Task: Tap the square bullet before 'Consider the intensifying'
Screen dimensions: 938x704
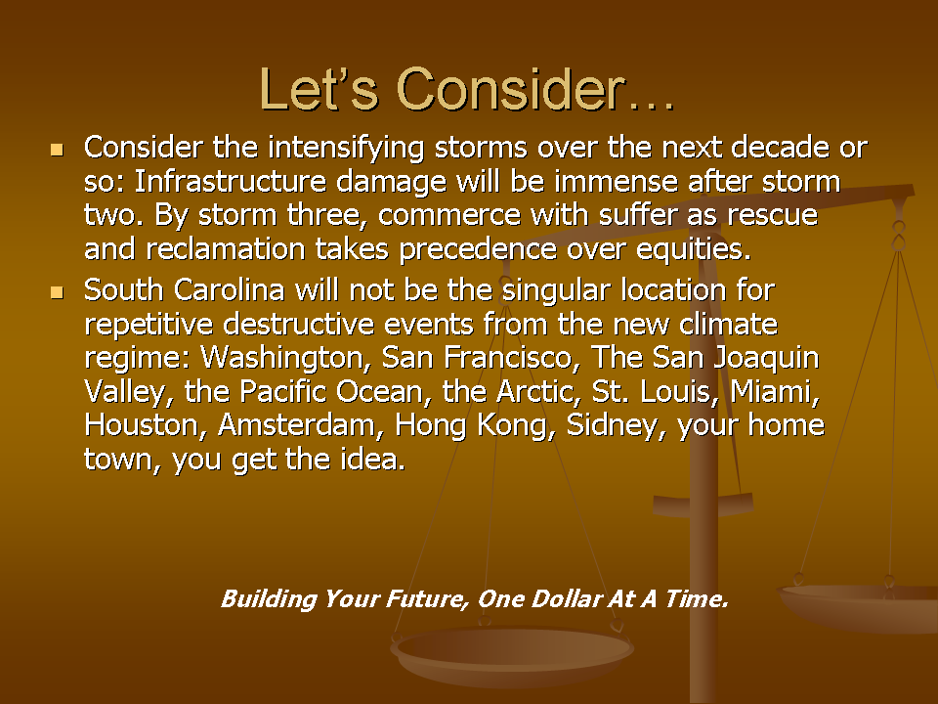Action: click(58, 149)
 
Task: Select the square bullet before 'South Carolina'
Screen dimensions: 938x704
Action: click(58, 292)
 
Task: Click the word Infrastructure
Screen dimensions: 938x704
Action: click(231, 182)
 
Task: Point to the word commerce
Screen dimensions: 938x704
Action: click(449, 215)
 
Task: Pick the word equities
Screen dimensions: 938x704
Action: click(694, 249)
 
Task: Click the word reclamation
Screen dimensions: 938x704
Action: click(226, 249)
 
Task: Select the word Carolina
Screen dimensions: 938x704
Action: click(229, 290)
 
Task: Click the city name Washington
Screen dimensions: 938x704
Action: click(282, 358)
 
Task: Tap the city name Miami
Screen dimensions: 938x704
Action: click(775, 392)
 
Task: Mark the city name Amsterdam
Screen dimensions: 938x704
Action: click(301, 425)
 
